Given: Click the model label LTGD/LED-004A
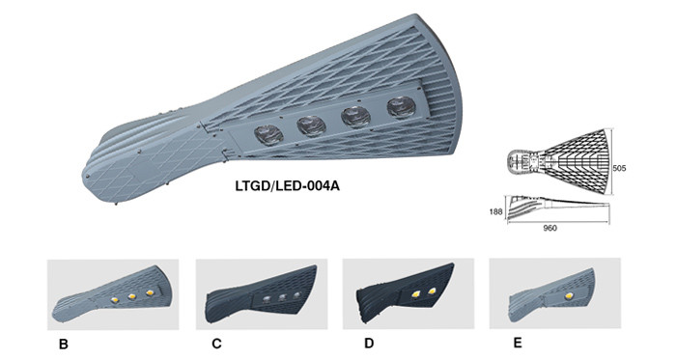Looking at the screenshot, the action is tap(287, 186).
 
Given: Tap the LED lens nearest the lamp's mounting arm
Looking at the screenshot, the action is tap(268, 134).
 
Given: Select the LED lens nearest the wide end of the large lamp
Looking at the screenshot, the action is tap(401, 107).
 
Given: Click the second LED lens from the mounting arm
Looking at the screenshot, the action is tap(311, 125).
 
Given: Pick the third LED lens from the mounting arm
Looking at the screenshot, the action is tap(356, 117).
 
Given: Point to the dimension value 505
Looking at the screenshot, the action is tap(619, 168).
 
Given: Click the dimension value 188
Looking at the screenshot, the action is tap(495, 211).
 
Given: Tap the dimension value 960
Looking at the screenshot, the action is tap(549, 228).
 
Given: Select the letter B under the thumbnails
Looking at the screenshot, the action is tap(64, 344).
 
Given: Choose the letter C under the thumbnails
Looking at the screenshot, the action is tap(216, 344).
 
